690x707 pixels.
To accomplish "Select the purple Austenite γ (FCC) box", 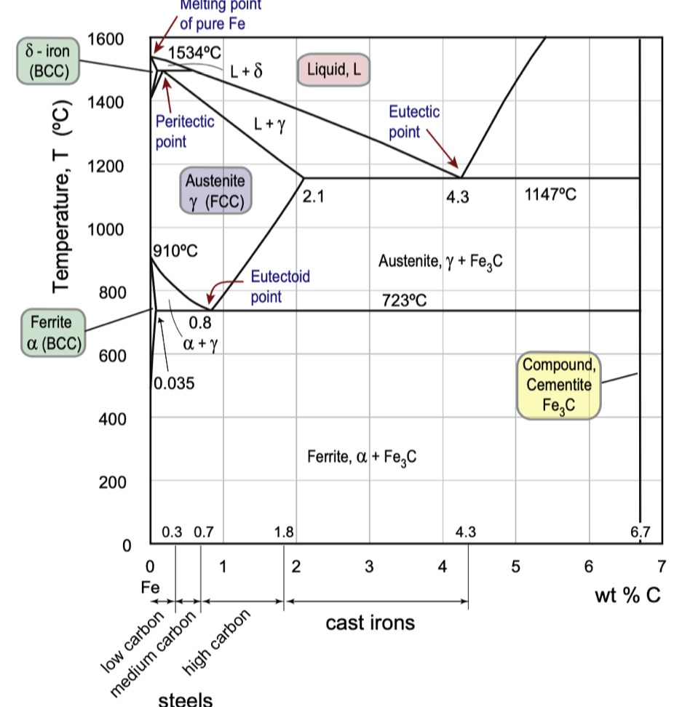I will point(215,191).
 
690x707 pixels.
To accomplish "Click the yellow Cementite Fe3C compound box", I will point(559,386).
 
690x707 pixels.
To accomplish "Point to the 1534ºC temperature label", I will point(194,52).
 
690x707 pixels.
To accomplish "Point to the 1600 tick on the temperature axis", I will point(106,38).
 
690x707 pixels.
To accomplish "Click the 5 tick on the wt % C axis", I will point(516,566).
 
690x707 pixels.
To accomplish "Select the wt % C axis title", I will point(627,596).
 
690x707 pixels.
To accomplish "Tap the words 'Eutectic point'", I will point(414,121).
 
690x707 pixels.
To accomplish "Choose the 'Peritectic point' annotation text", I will point(184,131).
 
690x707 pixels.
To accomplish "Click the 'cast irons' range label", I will point(370,623).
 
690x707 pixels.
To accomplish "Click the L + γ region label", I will point(269,124).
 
